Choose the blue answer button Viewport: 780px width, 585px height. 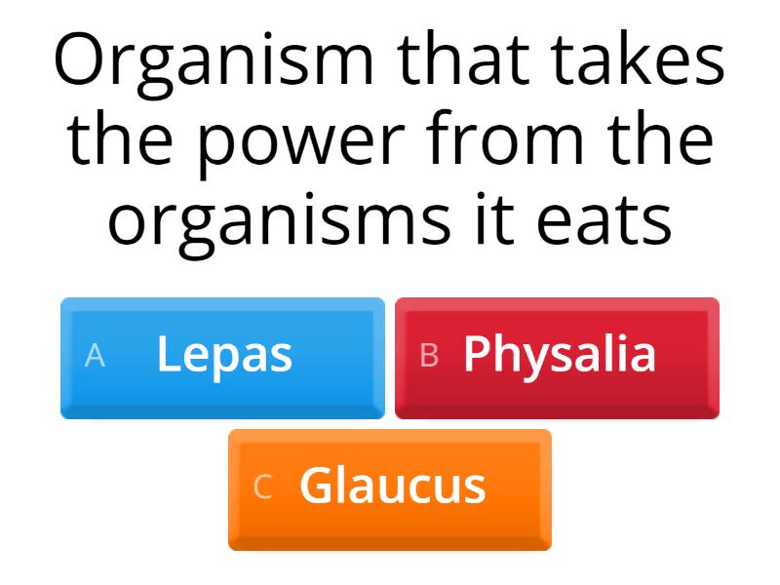click(x=222, y=358)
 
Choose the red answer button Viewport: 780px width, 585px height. click(x=557, y=358)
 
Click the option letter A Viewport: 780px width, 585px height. click(x=95, y=356)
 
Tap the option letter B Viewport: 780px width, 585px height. click(x=429, y=356)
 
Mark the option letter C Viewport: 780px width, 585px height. click(x=262, y=487)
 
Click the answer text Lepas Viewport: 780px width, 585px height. click(x=224, y=355)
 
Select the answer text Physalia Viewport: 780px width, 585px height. click(x=559, y=355)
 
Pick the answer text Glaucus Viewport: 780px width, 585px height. click(x=392, y=486)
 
